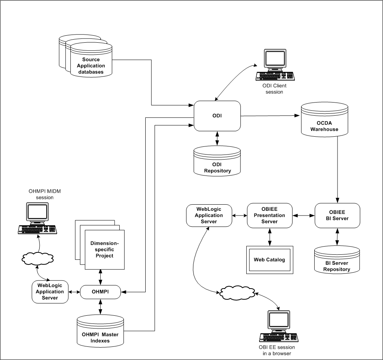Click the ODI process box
tap(217, 116)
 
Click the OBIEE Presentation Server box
tap(269, 215)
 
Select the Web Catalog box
tap(269, 259)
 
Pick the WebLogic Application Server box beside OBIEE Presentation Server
tap(209, 215)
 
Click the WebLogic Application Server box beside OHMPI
tap(50, 292)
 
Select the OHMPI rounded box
tap(101, 291)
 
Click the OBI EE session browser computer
tap(279, 326)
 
